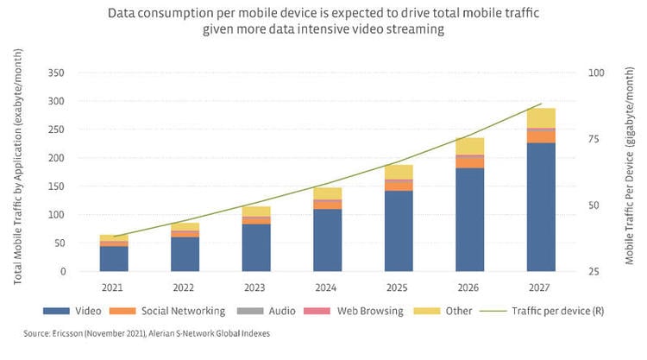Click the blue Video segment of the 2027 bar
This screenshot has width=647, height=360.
click(541, 207)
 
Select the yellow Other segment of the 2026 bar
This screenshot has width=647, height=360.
click(470, 146)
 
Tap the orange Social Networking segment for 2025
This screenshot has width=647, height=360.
click(399, 186)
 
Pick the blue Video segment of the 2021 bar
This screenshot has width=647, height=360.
click(114, 259)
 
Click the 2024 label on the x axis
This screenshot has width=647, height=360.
click(327, 288)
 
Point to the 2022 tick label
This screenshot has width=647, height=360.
click(185, 288)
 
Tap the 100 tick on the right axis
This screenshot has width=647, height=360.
click(595, 73)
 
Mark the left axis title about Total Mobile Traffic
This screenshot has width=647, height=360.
click(19, 167)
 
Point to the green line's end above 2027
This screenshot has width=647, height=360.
click(541, 104)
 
